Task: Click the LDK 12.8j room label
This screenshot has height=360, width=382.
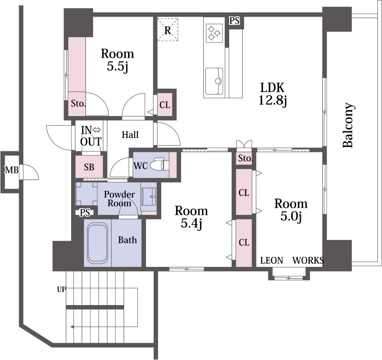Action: (272, 94)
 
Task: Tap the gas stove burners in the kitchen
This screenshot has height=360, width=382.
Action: (214, 32)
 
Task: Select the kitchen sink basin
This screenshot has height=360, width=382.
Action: (214, 81)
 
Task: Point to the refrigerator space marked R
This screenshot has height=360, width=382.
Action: (168, 30)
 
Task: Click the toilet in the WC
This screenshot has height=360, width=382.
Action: (159, 165)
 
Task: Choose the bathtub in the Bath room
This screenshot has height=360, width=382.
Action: (97, 244)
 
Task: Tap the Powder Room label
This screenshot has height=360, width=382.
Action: (119, 199)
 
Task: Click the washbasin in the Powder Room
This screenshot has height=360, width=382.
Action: (149, 197)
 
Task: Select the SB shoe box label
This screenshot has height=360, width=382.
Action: (89, 167)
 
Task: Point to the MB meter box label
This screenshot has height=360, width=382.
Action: (11, 170)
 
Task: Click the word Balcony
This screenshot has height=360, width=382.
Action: (348, 125)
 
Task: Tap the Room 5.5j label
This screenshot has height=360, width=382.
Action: (117, 60)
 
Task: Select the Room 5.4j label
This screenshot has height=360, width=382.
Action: (191, 217)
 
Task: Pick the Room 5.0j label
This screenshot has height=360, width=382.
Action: (291, 210)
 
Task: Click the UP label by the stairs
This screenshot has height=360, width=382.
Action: (62, 289)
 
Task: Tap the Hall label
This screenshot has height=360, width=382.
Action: (130, 135)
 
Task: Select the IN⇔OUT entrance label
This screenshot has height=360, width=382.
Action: (91, 136)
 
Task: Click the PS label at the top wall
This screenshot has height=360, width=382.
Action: (234, 21)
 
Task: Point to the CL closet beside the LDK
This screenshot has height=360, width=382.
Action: (165, 105)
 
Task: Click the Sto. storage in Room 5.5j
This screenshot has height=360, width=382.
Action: (78, 104)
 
